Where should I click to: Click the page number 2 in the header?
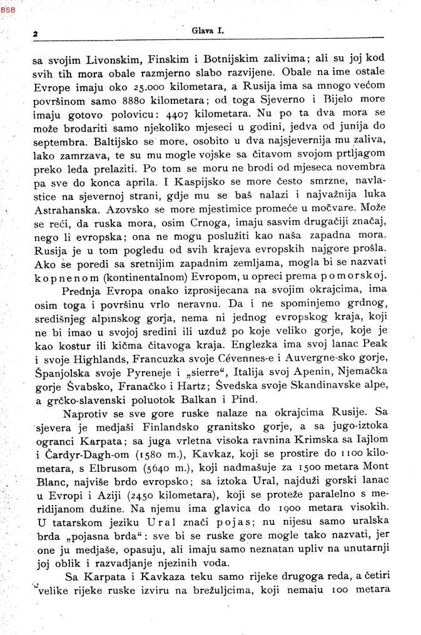36,34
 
